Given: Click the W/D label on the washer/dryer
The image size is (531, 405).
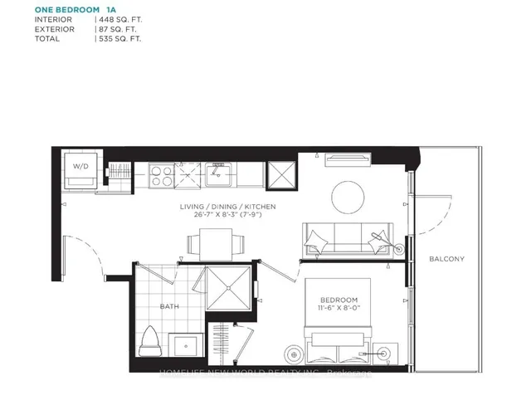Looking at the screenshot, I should coord(81,166).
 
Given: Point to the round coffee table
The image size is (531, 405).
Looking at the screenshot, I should coord(348,197).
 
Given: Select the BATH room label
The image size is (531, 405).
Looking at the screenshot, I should coord(168,307).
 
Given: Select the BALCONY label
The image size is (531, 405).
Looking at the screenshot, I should coord(446,259).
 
